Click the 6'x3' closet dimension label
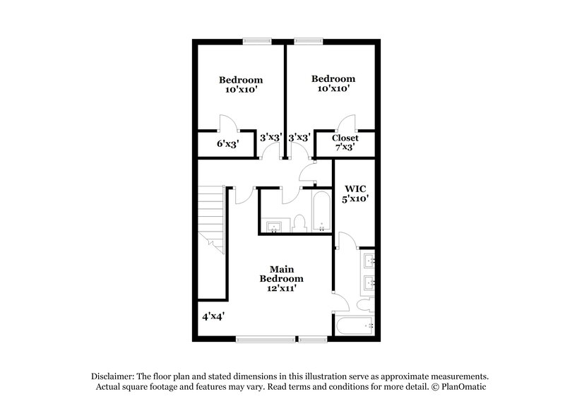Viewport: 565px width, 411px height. pyautogui.click(x=227, y=144)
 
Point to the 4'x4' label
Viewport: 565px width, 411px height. pyautogui.click(x=213, y=317)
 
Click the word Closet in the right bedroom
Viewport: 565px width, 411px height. pyautogui.click(x=345, y=138)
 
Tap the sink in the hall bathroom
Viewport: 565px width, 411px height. pyautogui.click(x=274, y=225)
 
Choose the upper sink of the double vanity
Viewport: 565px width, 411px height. pyautogui.click(x=369, y=261)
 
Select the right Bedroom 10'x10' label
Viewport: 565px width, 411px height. pyautogui.click(x=333, y=84)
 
